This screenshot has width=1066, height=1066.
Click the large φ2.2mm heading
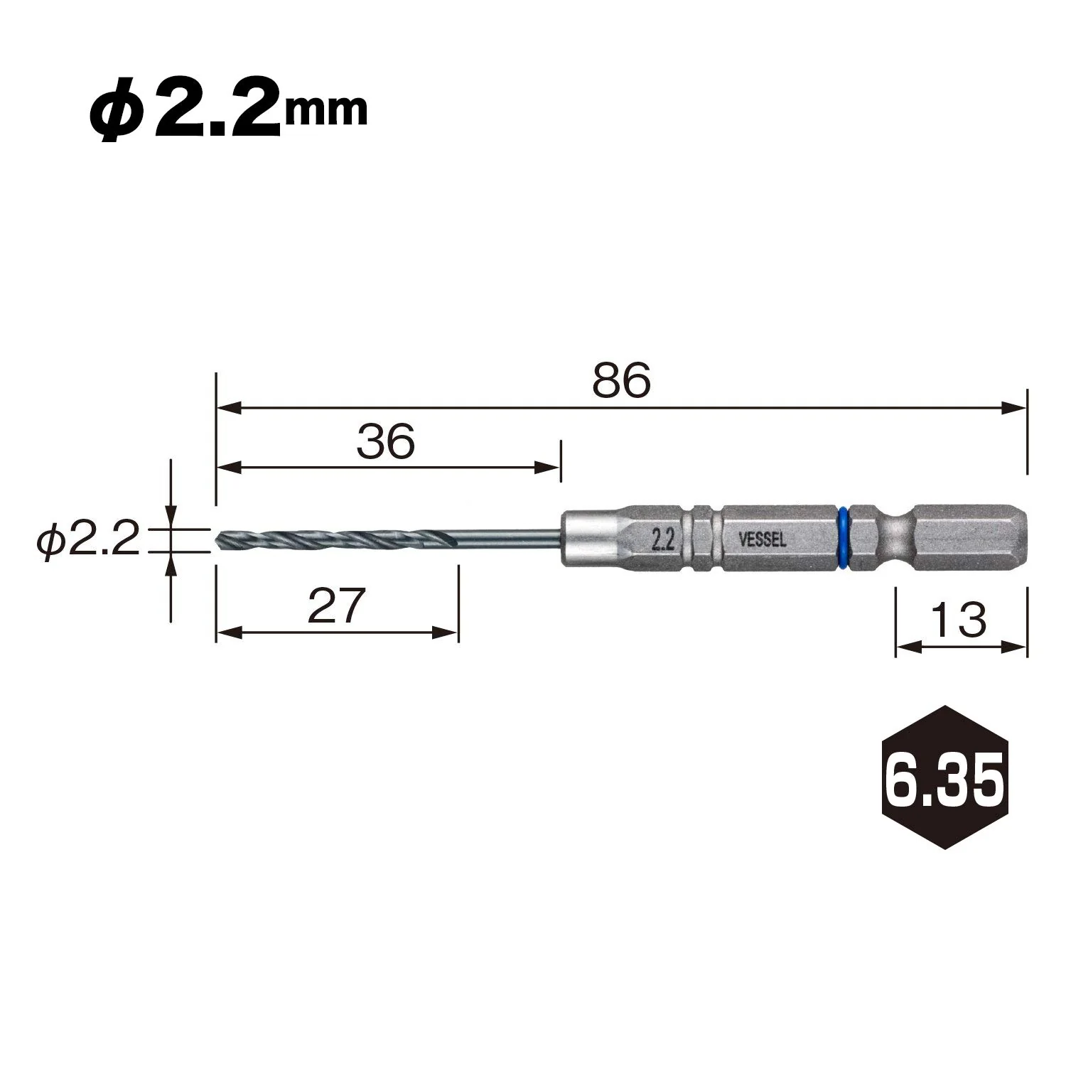coord(228,112)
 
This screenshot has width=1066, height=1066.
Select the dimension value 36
coord(385,441)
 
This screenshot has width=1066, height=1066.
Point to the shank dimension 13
coord(959,619)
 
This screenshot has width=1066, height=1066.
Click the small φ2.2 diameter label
coord(89,542)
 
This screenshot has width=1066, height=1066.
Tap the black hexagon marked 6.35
coord(944,777)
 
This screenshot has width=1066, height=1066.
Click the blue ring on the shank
coord(844,538)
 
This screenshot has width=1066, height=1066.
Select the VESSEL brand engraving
coord(763,540)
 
